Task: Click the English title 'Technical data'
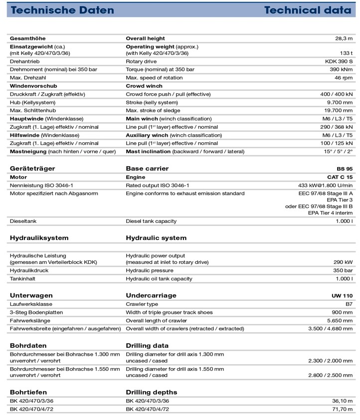tap(307, 10)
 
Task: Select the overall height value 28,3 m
tap(344, 38)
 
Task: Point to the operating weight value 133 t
tap(346, 53)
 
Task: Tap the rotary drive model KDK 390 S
tap(338, 61)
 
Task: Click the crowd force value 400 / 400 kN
tap(336, 94)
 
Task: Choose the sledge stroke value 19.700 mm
tap(338, 111)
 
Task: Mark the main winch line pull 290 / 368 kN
tap(336, 127)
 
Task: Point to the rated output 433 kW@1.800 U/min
tap(325, 186)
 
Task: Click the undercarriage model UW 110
tap(342, 295)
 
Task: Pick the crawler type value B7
tap(348, 304)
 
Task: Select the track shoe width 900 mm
tap(341, 312)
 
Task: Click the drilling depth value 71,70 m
tap(341, 409)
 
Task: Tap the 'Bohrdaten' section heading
tap(28, 345)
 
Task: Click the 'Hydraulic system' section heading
tap(156, 238)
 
